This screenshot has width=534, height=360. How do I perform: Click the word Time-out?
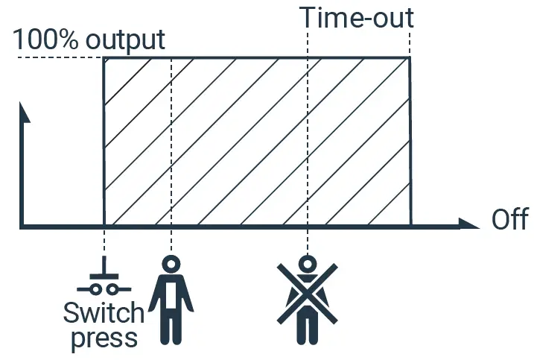click(x=357, y=17)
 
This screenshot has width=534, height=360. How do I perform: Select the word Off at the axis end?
click(x=511, y=221)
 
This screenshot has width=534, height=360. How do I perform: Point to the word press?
click(x=104, y=338)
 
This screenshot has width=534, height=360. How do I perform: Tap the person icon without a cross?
click(x=171, y=298)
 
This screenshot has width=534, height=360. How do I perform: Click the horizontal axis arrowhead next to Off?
click(x=468, y=224)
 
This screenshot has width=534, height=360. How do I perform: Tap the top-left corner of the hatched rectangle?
click(x=104, y=58)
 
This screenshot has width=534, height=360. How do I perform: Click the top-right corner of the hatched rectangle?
click(x=410, y=58)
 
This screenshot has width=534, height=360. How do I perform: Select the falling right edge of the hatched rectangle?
click(x=410, y=142)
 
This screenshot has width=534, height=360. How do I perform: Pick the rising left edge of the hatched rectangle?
click(x=104, y=142)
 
